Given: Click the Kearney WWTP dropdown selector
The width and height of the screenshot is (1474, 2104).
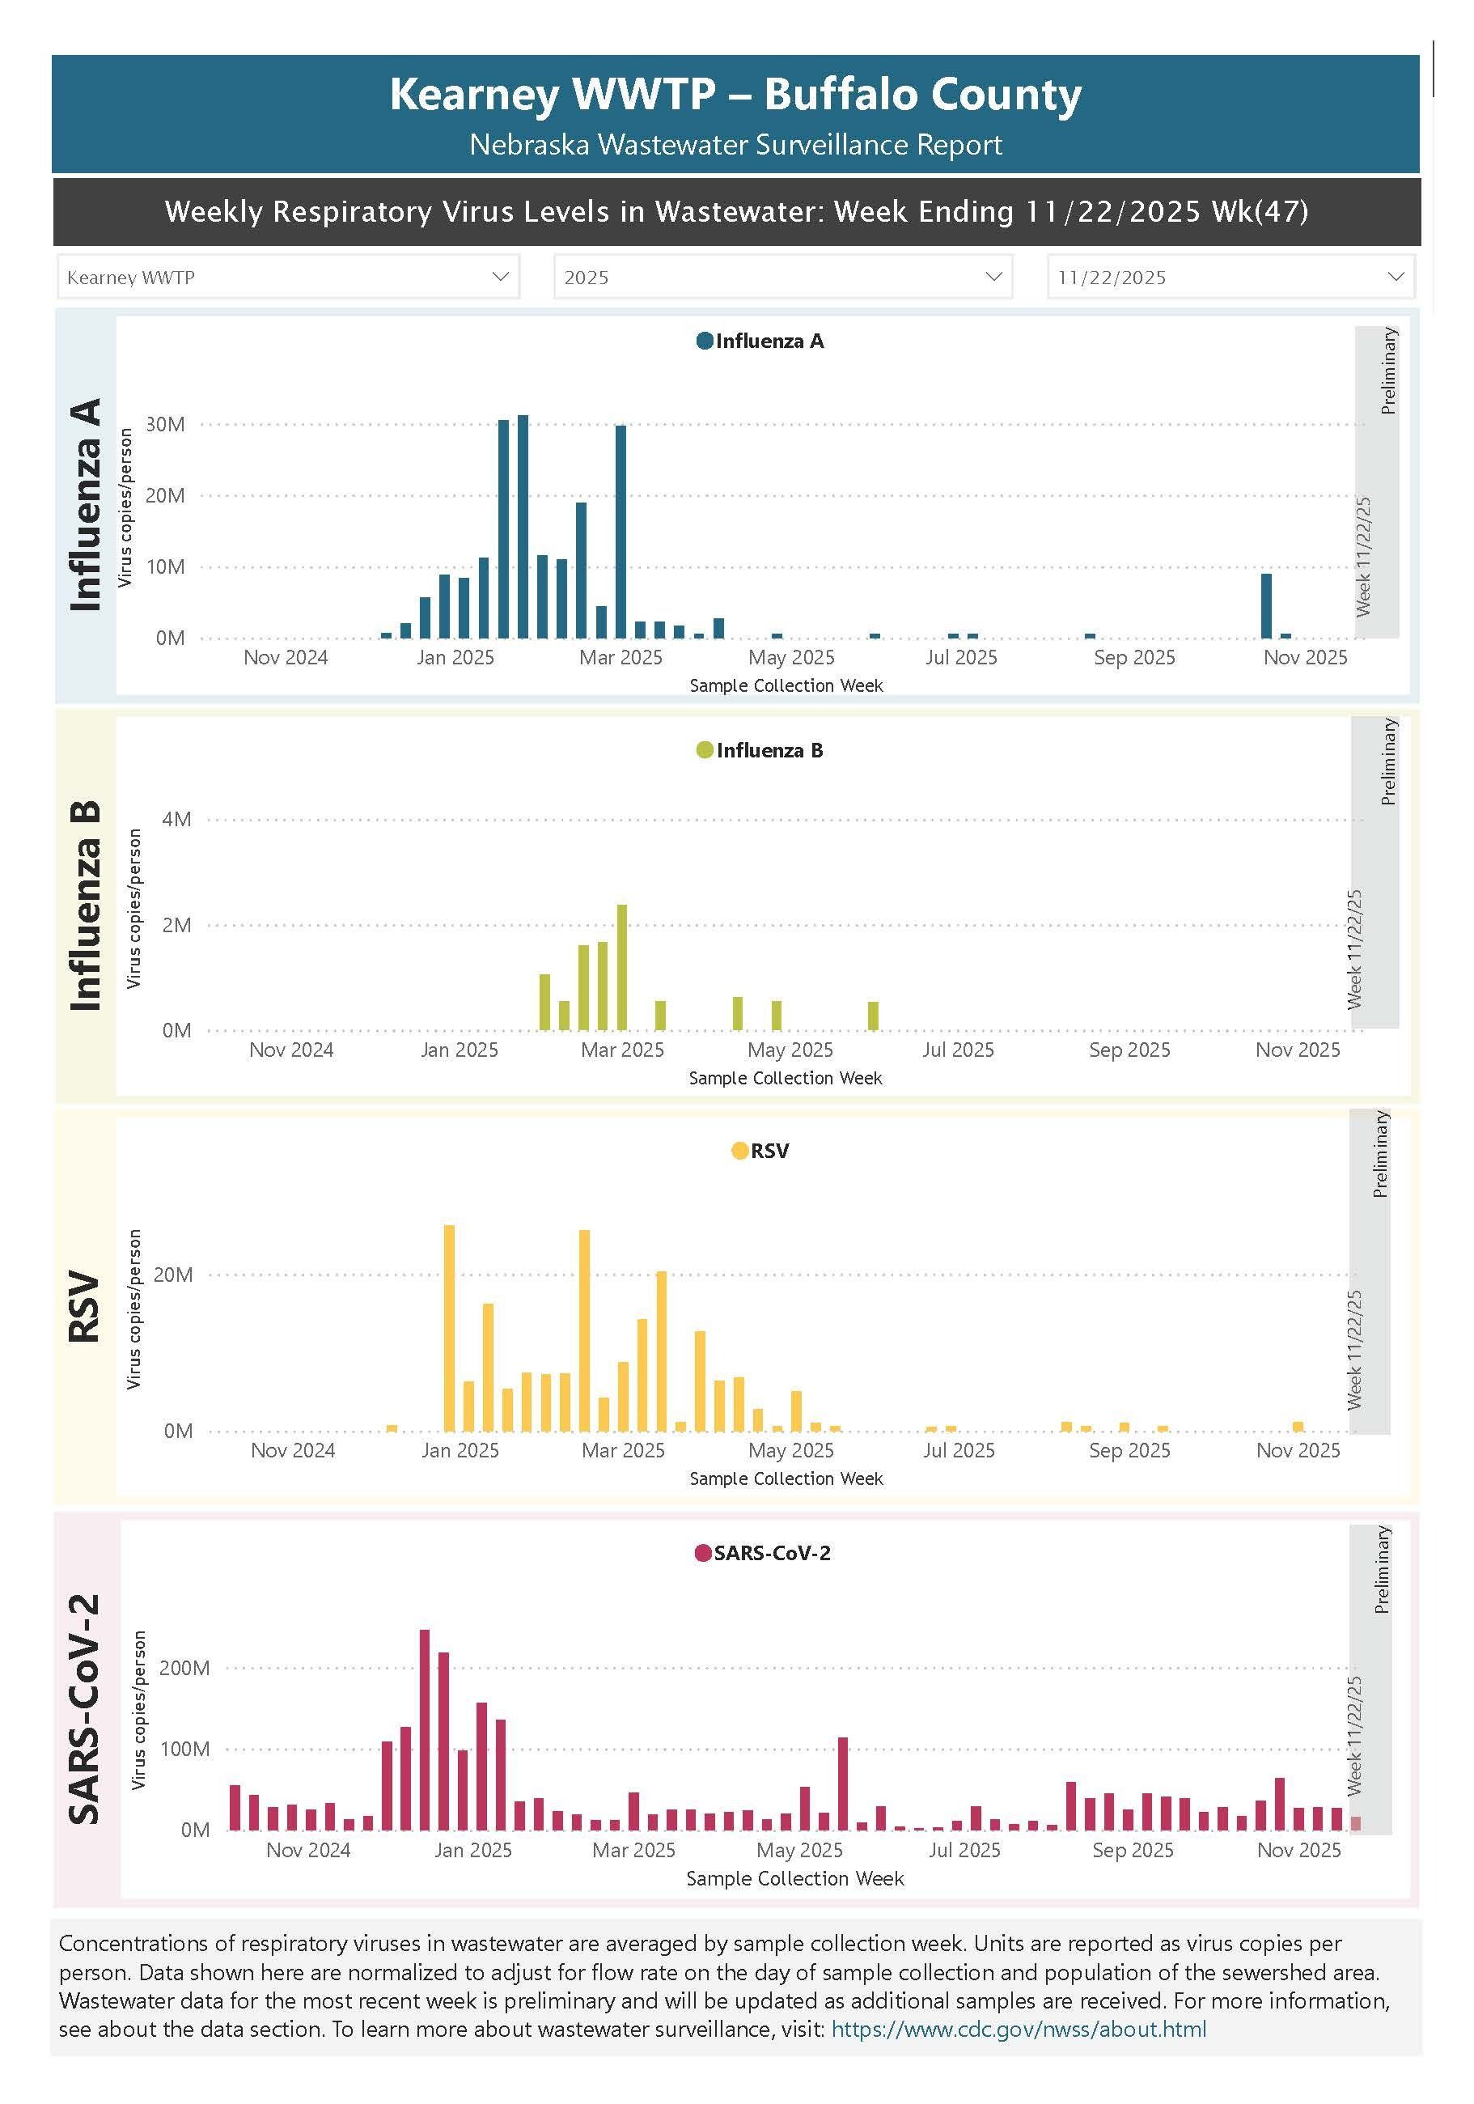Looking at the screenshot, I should (288, 277).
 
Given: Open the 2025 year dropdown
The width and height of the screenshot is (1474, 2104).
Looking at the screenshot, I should (782, 277).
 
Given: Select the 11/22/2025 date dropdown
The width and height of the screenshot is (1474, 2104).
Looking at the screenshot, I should (1230, 277).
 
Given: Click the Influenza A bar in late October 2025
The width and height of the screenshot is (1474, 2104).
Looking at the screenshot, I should (1266, 604).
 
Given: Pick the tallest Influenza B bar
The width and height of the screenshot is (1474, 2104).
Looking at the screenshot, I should (622, 967).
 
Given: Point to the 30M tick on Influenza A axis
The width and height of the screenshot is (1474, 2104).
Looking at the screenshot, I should (166, 424).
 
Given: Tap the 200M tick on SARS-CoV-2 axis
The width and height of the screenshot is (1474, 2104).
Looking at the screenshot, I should (184, 1668).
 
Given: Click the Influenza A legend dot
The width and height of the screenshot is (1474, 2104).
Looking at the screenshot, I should (705, 341).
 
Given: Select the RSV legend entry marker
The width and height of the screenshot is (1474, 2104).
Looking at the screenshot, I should (739, 1151).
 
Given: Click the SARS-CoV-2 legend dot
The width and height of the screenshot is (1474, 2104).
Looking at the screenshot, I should (703, 1552).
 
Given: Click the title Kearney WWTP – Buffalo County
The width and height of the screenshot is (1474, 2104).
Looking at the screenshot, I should (735, 95).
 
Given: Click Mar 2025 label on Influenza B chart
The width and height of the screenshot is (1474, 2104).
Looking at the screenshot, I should (622, 1050).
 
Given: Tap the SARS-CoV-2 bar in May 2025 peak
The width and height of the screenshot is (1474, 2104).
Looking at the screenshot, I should (843, 1784).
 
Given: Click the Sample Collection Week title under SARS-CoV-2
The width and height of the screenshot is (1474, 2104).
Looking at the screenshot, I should (794, 1878).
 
